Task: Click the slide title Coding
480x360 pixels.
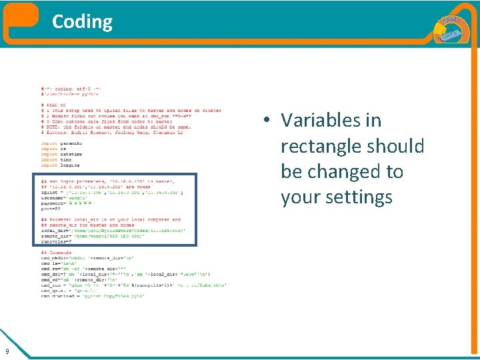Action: (x=82, y=21)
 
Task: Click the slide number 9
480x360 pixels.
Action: (x=7, y=351)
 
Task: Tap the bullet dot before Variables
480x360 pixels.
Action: (x=265, y=121)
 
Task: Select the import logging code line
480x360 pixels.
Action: (x=61, y=165)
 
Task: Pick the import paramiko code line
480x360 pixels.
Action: (x=61, y=143)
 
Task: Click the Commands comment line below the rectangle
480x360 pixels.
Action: (x=56, y=253)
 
